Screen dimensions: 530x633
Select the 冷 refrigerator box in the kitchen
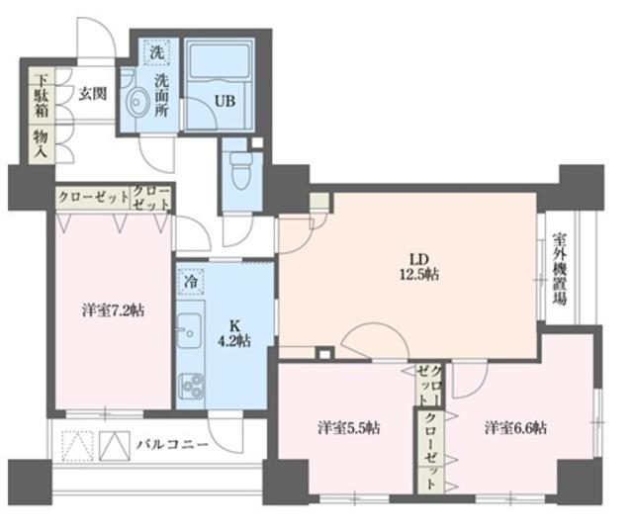coord(188,281)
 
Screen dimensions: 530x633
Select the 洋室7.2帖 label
coord(113,310)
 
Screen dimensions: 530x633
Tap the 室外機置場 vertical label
coord(560,269)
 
